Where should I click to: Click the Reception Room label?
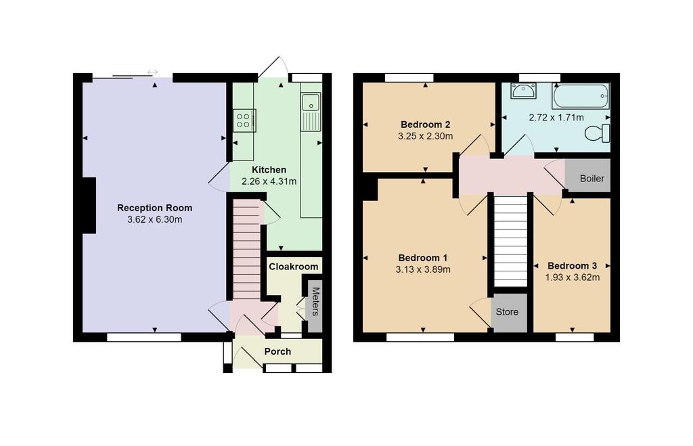[154, 208]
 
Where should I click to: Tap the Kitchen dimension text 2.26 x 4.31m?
[269, 181]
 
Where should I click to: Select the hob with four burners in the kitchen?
[244, 120]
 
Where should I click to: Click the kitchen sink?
[311, 103]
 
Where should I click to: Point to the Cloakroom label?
[293, 267]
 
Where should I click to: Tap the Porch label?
[277, 351]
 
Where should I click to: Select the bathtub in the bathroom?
[581, 96]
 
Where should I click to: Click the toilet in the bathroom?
[597, 133]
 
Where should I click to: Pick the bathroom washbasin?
[523, 91]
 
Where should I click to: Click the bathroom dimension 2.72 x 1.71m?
[556, 117]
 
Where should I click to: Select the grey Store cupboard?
[508, 312]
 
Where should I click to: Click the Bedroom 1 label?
[422, 258]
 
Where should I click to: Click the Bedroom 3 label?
[572, 265]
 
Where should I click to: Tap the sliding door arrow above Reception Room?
[152, 72]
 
